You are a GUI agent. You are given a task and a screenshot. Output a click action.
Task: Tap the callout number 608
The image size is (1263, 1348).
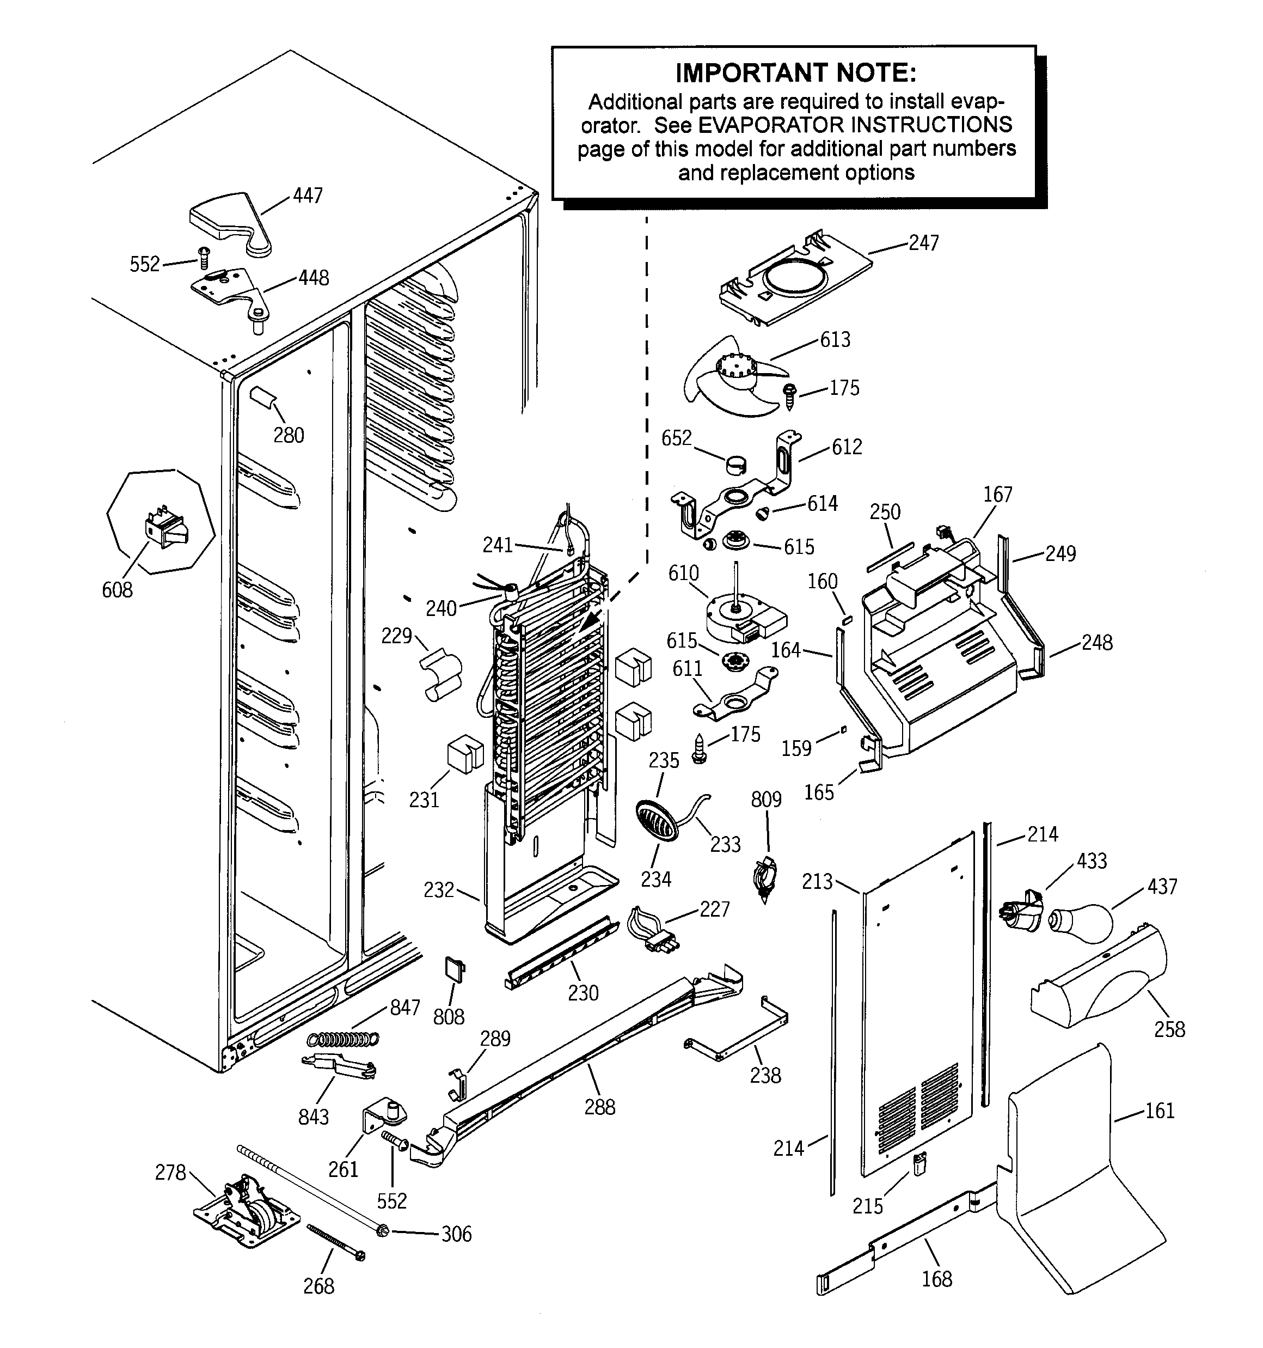117,590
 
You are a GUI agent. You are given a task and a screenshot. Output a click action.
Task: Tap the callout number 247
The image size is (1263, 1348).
923,243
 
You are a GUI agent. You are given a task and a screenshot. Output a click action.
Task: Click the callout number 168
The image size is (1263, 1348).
936,1279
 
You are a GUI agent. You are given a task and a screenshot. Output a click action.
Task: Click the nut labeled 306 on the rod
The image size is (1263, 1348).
382,1230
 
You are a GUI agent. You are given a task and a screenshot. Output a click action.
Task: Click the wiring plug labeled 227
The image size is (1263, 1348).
653,930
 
